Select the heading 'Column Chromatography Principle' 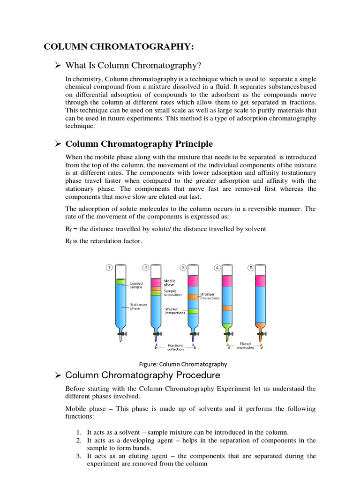click(139, 143)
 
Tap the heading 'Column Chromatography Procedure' click(142, 375)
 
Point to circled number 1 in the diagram click(109, 267)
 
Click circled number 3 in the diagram click(183, 267)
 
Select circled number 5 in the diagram click(251, 267)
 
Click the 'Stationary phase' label click(138, 307)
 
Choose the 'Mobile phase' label click(170, 283)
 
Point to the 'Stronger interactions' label click(210, 296)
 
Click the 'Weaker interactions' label click(175, 311)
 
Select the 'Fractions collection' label click(176, 347)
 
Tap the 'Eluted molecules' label click(245, 345)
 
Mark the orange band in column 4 click(227, 308)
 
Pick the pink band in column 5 click(261, 281)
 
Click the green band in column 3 click(193, 311)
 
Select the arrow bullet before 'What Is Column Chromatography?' click(59, 65)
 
